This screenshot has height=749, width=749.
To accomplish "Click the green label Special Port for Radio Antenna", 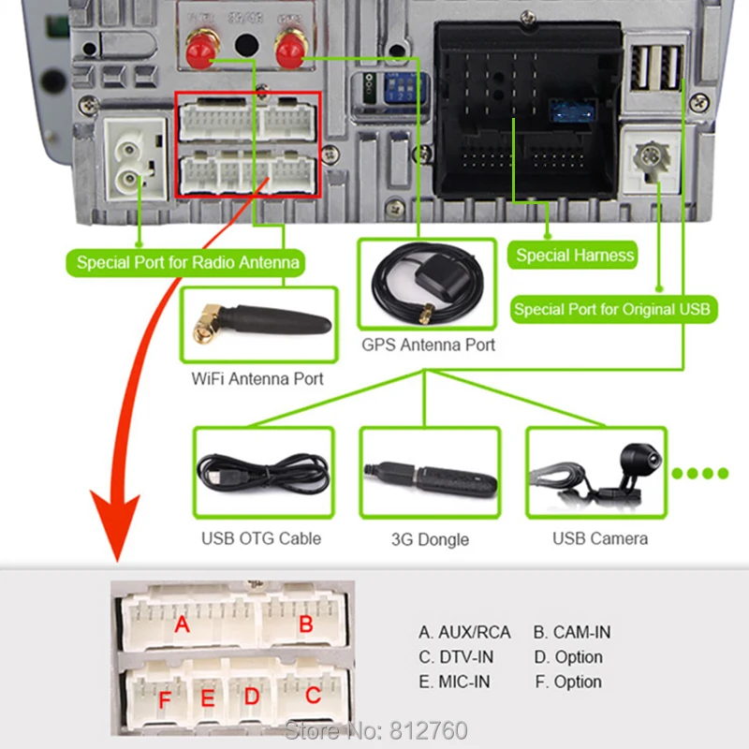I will coord(187,262).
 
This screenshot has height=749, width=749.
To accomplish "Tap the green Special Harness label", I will coord(575,255).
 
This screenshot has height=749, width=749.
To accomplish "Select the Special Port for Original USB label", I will coord(612,309).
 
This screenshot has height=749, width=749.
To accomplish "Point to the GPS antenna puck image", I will coord(426,281).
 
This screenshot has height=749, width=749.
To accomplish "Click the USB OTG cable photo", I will coord(263,472).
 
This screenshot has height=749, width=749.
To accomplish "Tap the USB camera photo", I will coord(599,473).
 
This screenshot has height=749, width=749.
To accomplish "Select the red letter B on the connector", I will coord(305,625).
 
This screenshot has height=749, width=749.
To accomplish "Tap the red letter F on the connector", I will coord(165,700).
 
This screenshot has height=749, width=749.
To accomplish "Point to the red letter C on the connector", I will coord(313,696).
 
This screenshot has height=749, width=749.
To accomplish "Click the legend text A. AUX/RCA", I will coord(464,632).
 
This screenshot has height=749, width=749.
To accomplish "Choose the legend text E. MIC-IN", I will coord(454,682).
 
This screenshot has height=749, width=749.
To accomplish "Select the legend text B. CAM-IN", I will coord(571,632).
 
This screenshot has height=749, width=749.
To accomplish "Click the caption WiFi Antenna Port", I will coord(257,378).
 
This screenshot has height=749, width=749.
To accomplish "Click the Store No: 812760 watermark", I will coord(375,729).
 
